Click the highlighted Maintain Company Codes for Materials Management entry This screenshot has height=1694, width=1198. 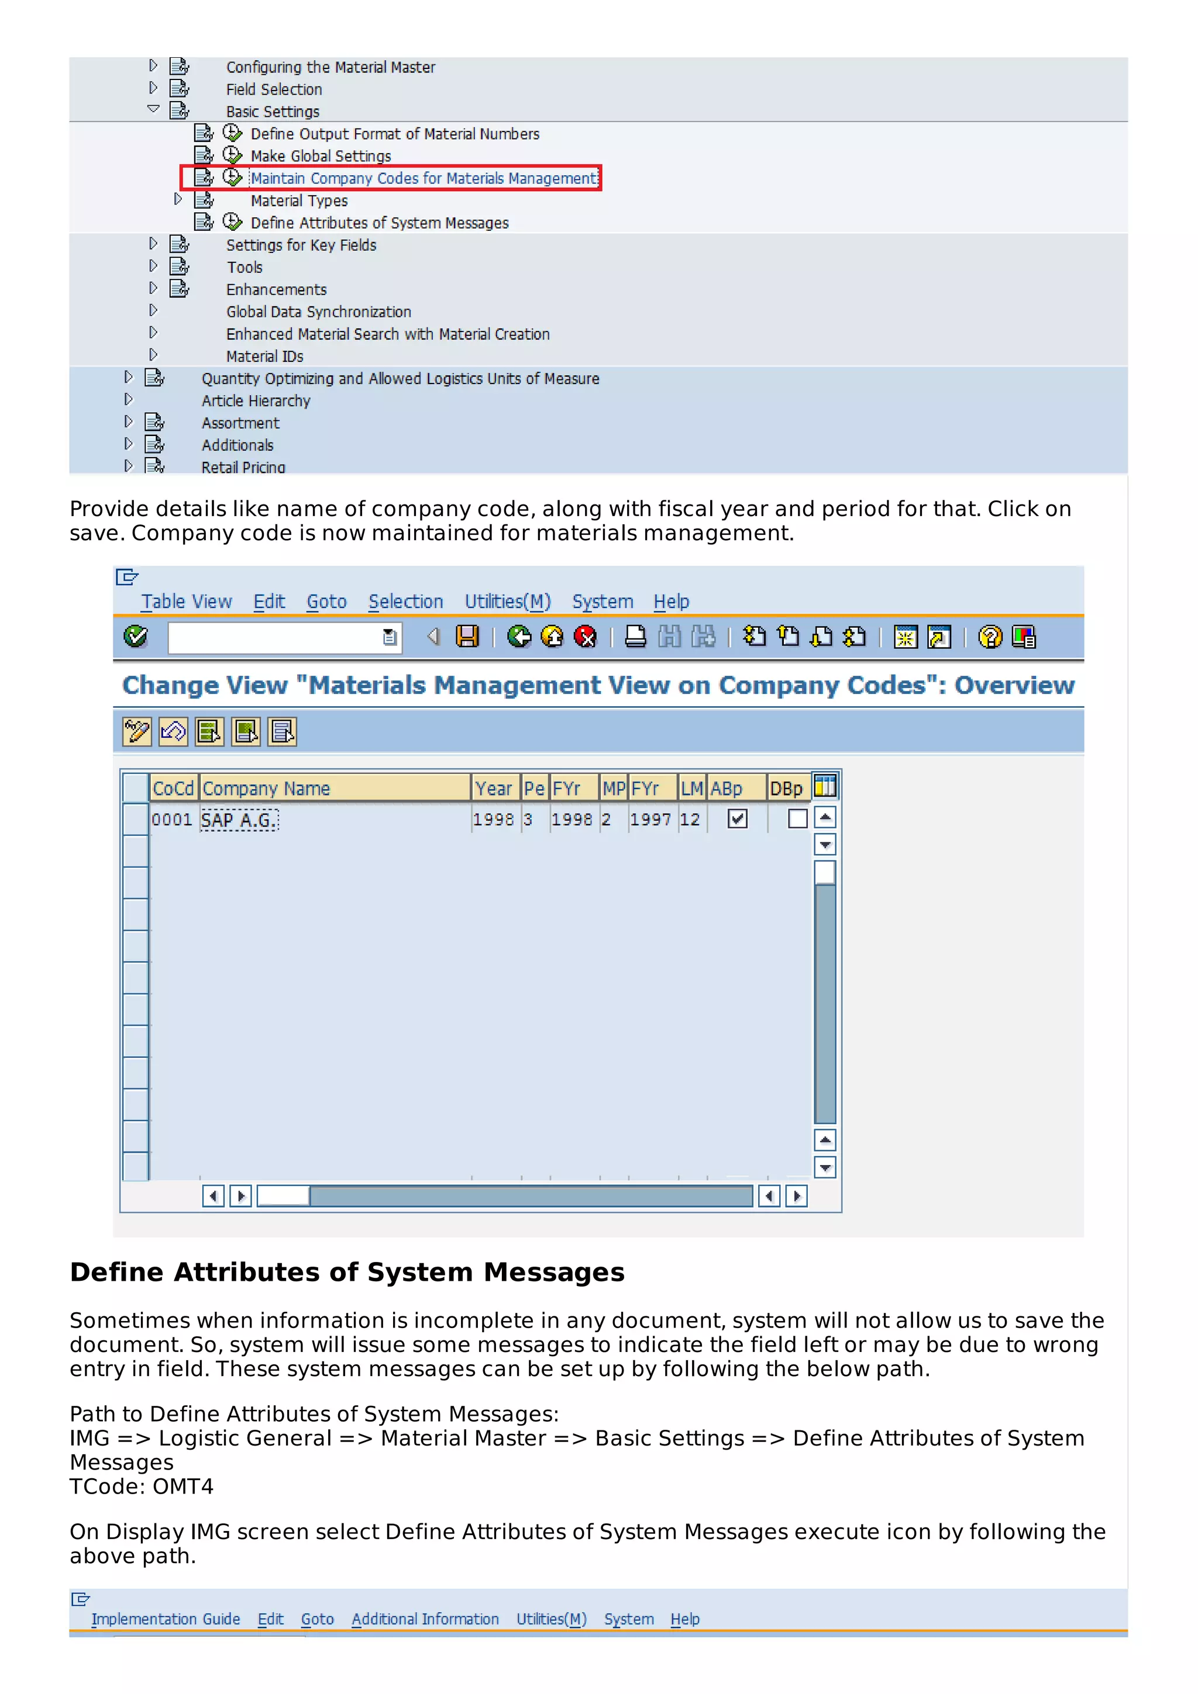(424, 178)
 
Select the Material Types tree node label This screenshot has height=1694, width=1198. (299, 200)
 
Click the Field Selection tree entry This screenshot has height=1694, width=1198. (274, 89)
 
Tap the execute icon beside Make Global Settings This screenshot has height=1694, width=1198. (232, 155)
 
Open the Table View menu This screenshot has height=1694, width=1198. (187, 601)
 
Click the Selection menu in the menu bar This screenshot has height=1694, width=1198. (405, 601)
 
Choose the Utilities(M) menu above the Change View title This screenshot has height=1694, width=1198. (507, 601)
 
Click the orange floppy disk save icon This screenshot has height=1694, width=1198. (467, 636)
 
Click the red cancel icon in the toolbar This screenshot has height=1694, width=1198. (586, 636)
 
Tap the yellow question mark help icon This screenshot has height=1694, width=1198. (990, 636)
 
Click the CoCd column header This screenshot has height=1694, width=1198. (173, 788)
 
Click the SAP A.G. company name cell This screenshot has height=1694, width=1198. (239, 820)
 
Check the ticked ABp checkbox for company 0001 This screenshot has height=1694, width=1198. (736, 818)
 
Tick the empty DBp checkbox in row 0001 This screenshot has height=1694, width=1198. (797, 818)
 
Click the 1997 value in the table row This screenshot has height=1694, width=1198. (649, 820)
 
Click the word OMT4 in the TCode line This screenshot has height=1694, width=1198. (183, 1486)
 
